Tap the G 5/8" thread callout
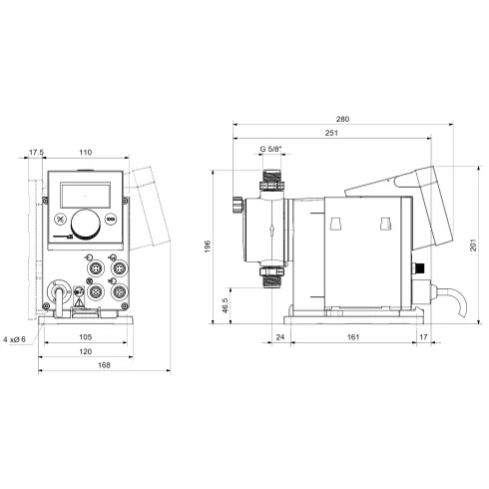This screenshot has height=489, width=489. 269,149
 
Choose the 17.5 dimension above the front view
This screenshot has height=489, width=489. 37,154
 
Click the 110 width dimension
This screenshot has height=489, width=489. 85,154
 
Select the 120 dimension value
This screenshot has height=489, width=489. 86,353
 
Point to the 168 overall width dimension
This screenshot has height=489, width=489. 88,366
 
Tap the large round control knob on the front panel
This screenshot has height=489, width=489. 87,223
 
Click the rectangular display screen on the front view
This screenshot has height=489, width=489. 87,191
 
